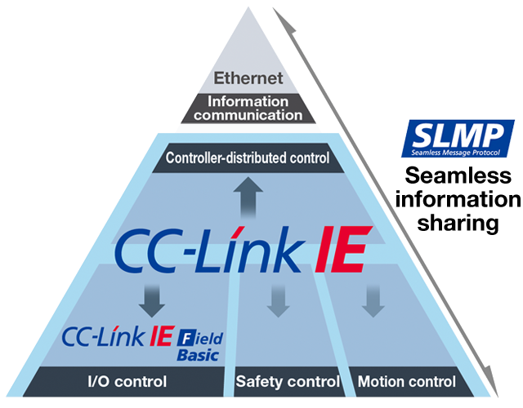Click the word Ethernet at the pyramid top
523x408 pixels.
(x=248, y=79)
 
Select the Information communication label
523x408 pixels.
(x=248, y=109)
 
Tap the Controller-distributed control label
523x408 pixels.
(x=248, y=157)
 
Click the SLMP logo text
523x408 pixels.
(x=462, y=133)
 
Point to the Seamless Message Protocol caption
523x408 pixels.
(x=461, y=150)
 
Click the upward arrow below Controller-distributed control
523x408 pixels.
(x=248, y=195)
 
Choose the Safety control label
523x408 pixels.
(x=287, y=381)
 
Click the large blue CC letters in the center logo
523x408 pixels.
(x=144, y=247)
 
